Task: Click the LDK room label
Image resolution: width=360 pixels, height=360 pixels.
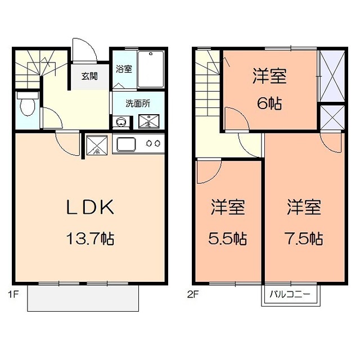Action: click(91, 208)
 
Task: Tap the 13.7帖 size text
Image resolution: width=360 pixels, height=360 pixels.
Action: click(91, 239)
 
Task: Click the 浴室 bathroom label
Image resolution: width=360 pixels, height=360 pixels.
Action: click(124, 69)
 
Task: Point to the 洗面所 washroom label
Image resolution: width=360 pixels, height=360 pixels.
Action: click(137, 103)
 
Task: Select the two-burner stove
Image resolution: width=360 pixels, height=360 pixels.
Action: click(154, 144)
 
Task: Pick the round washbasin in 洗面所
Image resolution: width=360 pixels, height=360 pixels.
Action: click(120, 121)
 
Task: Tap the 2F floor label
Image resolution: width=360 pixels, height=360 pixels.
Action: click(193, 293)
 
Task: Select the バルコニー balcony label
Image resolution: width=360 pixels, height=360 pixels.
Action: click(290, 294)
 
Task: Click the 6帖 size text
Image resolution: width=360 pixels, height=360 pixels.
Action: click(269, 103)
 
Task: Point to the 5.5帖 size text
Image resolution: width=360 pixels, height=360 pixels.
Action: click(228, 238)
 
